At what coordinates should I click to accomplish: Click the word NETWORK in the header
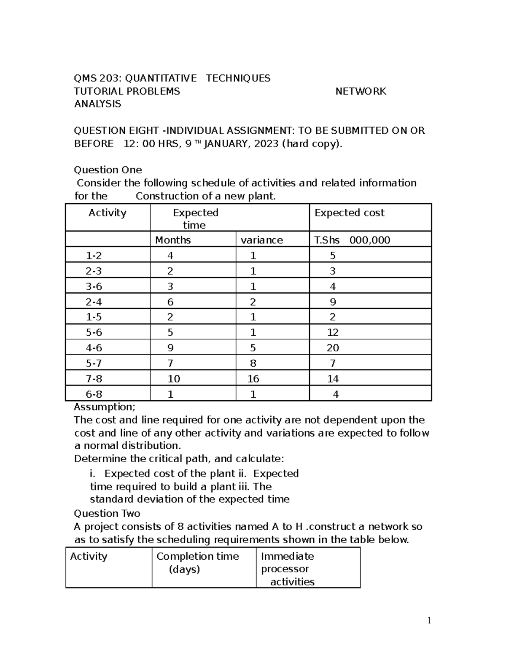(x=361, y=92)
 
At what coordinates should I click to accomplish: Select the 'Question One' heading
(x=108, y=170)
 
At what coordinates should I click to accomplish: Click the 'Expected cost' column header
(x=349, y=213)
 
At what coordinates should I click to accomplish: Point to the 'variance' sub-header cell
(x=261, y=240)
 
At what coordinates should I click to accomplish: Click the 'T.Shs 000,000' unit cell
(x=352, y=240)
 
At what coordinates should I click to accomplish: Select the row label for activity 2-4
(x=94, y=302)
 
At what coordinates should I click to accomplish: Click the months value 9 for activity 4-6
(x=170, y=348)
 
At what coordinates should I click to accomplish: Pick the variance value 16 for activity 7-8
(x=253, y=379)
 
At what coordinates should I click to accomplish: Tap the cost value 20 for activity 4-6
(x=333, y=348)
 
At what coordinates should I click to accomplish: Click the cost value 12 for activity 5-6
(x=333, y=333)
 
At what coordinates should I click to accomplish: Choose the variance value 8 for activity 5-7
(x=253, y=364)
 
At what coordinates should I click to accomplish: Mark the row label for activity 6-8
(x=94, y=394)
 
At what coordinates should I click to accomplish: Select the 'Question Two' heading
(x=107, y=513)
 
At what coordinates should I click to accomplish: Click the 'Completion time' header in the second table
(x=197, y=556)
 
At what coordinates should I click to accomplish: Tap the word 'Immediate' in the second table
(x=287, y=556)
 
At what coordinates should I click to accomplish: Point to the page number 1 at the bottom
(x=429, y=620)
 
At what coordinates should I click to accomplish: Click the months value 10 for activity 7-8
(x=174, y=379)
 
